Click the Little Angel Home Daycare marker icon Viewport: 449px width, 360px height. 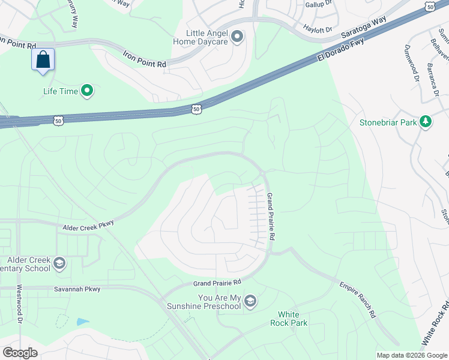tap(237, 37)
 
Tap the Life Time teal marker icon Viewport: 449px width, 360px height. tap(87, 91)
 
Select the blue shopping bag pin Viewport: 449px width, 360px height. tap(43, 60)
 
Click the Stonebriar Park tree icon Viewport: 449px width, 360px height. tap(426, 122)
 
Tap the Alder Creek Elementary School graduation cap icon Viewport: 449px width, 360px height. tap(59, 262)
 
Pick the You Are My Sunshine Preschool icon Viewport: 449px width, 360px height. tap(250, 301)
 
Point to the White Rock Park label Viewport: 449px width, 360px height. tap(292, 319)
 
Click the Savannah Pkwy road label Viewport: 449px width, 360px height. tap(76, 289)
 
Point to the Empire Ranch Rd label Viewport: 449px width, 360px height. tap(358, 299)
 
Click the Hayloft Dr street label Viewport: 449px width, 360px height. tap(318, 28)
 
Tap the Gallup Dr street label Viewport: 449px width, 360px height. tap(319, 4)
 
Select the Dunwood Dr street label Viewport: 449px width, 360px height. tap(411, 63)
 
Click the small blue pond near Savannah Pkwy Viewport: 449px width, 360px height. tap(83, 322)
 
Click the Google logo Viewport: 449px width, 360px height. tap(20, 353)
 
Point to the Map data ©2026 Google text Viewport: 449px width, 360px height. tap(411, 355)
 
